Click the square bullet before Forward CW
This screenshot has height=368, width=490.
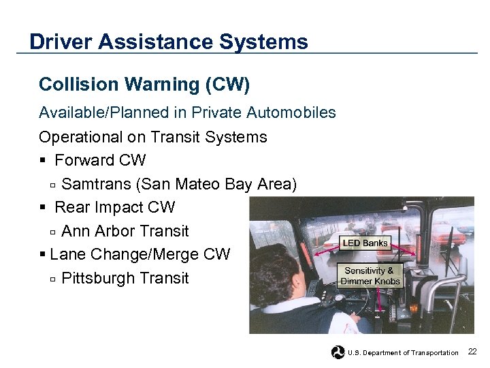tap(43, 161)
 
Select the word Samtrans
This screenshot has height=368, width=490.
tap(94, 184)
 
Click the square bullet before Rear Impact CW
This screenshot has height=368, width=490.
tap(43, 208)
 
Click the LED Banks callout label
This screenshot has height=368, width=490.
tap(365, 243)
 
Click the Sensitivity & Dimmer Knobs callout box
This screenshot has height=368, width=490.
tap(370, 276)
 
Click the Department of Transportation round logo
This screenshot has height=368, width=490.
tap(338, 352)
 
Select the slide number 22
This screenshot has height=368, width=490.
tap(472, 352)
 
